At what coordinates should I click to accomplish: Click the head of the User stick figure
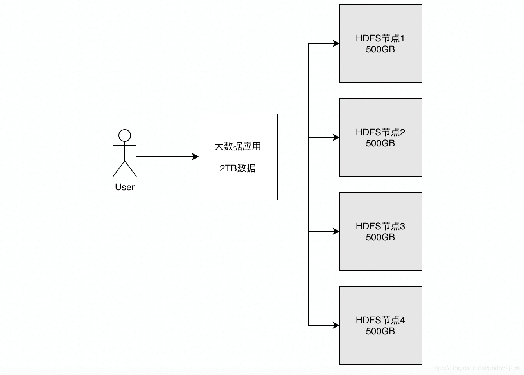click(125, 135)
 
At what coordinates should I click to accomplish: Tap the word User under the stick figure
click(125, 187)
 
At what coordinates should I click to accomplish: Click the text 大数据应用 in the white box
click(237, 146)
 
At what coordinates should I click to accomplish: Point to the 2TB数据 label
click(237, 168)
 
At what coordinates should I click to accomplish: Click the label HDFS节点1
click(380, 38)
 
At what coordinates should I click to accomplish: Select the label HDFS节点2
click(380, 132)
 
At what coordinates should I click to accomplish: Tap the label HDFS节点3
click(380, 226)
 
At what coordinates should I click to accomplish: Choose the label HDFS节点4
click(380, 320)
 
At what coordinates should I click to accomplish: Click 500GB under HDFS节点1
click(380, 50)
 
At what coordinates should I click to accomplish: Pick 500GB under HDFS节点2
click(380, 144)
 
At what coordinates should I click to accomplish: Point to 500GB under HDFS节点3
click(380, 238)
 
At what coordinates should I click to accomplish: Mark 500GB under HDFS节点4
click(380, 332)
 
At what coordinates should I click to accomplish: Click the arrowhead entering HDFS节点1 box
click(336, 43)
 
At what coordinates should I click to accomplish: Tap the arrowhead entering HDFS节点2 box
click(336, 137)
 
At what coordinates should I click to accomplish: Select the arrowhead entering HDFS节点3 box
click(336, 231)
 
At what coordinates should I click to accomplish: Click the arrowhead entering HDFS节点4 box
click(336, 325)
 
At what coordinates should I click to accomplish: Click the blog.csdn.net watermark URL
click(476, 368)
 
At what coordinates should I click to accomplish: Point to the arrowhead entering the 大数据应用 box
click(196, 157)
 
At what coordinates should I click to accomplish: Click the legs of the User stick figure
click(125, 169)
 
